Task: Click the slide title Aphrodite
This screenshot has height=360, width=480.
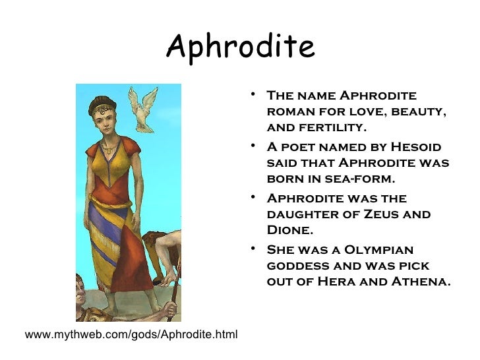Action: click(x=241, y=46)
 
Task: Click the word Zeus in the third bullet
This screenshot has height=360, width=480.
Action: click(x=389, y=214)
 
